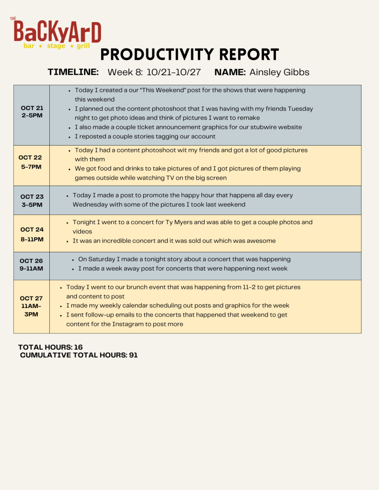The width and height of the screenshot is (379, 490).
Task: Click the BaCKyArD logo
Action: (x=57, y=33)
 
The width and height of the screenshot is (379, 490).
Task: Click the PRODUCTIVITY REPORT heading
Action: (x=190, y=55)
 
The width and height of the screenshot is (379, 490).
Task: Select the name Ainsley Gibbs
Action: (x=279, y=72)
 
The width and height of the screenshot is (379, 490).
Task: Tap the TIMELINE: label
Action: (x=73, y=72)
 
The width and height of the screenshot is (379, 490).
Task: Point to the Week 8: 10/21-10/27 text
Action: (x=154, y=72)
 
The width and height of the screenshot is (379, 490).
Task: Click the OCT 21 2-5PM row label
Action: (x=32, y=112)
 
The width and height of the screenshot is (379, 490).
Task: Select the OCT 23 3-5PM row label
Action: (x=32, y=201)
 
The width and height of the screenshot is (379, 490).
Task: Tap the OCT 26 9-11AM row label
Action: (x=32, y=265)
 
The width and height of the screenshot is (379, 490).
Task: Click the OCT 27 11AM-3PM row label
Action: (x=32, y=307)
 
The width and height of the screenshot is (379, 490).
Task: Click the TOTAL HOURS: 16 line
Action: (x=50, y=347)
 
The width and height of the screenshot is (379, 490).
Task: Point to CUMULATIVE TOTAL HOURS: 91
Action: (x=79, y=355)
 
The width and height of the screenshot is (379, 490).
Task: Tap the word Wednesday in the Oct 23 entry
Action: (x=90, y=205)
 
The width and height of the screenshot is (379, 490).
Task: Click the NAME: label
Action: (x=230, y=72)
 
